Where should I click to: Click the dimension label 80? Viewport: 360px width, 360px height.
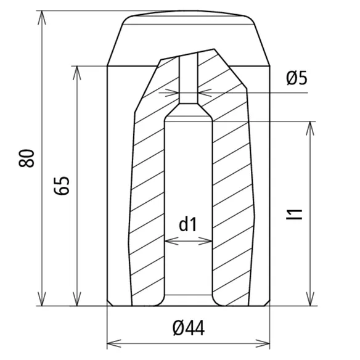pyautogui.click(x=27, y=158)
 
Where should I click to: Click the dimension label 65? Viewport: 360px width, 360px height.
pyautogui.click(x=62, y=186)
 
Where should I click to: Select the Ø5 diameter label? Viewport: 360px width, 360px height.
pyautogui.click(x=297, y=78)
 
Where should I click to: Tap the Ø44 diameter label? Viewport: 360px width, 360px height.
pyautogui.click(x=189, y=328)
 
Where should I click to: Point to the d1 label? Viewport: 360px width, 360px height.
pyautogui.click(x=188, y=225)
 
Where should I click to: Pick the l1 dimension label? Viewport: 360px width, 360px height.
pyautogui.click(x=294, y=215)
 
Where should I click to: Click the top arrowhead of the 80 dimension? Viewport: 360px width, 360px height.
pyautogui.click(x=41, y=17)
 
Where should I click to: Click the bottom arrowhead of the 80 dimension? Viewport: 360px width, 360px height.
pyautogui.click(x=41, y=299)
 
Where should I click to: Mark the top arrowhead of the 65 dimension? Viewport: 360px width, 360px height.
pyautogui.click(x=76, y=73)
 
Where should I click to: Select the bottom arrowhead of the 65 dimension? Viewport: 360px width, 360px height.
pyautogui.click(x=76, y=299)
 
